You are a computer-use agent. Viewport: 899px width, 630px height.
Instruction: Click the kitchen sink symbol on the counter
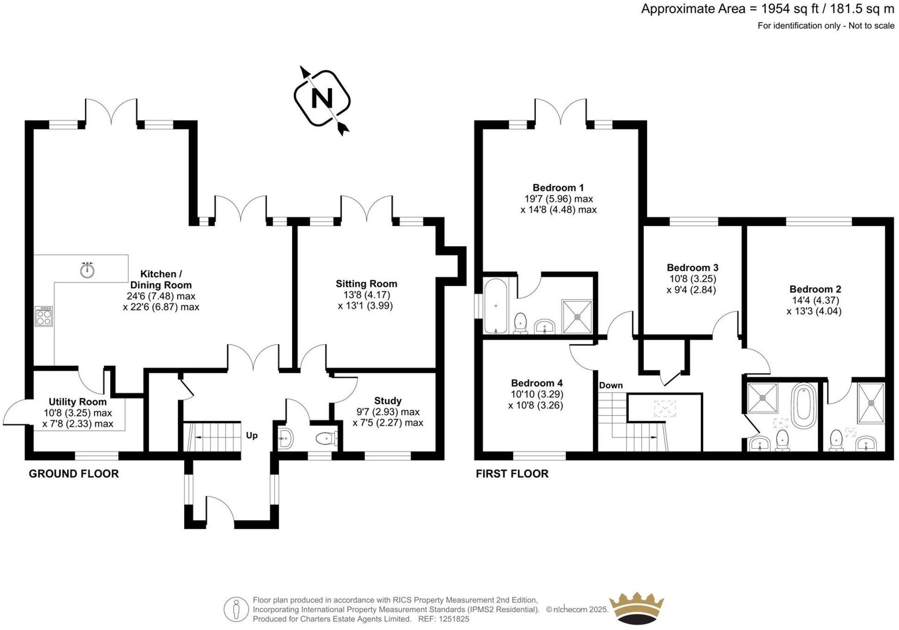[87, 270]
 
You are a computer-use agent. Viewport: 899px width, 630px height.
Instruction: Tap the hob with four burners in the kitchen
[44, 316]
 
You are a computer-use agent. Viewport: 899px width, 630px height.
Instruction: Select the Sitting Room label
[366, 284]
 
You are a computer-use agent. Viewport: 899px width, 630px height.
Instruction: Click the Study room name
[387, 401]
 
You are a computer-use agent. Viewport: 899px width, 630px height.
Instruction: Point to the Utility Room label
[78, 402]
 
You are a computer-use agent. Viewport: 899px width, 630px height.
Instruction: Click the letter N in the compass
[322, 98]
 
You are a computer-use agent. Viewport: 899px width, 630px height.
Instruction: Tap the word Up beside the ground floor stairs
[252, 435]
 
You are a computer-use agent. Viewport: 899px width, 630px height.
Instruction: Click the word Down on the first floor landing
[610, 385]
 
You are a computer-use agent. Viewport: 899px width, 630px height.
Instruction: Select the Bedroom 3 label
[692, 268]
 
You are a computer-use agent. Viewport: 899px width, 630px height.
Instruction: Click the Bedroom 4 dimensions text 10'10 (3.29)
[537, 394]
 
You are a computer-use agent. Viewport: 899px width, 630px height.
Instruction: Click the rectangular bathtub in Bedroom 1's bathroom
[495, 306]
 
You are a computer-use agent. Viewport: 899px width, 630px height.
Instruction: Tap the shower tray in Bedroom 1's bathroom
[577, 317]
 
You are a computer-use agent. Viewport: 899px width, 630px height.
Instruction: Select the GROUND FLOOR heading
[74, 474]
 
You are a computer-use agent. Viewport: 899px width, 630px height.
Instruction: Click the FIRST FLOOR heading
[512, 474]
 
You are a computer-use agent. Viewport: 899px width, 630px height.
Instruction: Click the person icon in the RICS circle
[236, 609]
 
